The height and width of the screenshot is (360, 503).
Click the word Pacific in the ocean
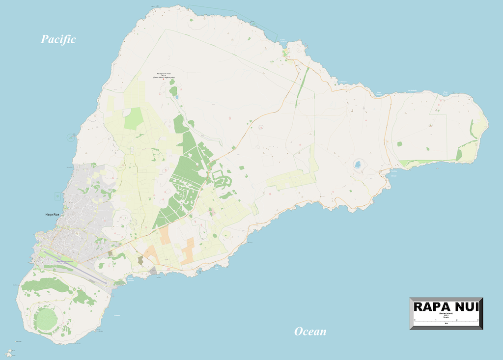58,39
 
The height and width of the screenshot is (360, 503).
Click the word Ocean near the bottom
310,332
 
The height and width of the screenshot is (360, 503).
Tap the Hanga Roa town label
53,215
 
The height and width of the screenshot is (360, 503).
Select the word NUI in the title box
467,307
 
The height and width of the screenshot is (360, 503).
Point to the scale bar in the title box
446,322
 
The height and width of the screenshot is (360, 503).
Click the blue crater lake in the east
359,164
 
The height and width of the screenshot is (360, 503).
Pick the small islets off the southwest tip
9,352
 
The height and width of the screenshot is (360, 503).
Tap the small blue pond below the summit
176,97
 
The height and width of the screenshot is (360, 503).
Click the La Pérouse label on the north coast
343,82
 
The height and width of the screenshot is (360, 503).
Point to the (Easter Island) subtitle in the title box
446,313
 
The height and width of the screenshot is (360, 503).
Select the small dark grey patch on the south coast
153,271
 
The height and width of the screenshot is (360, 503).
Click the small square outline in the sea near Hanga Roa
58,195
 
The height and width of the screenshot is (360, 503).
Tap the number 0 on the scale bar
414,320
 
